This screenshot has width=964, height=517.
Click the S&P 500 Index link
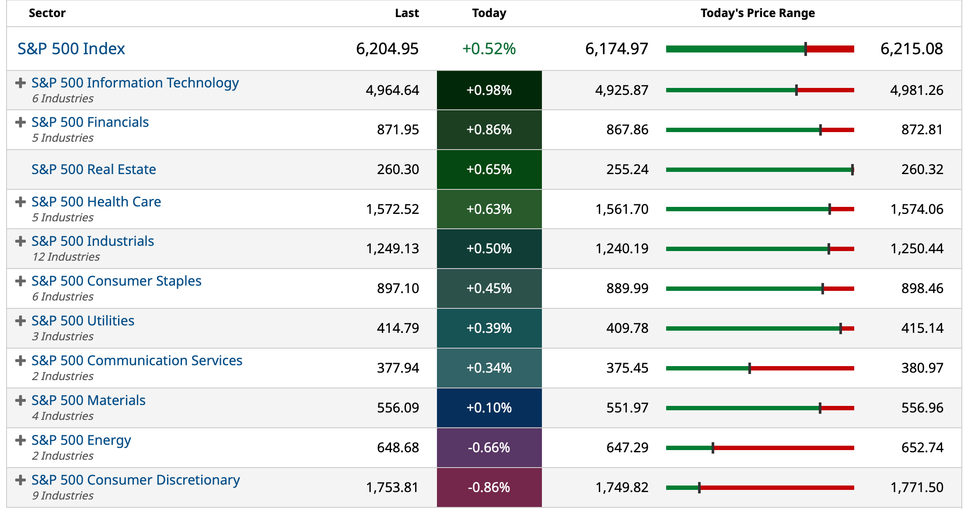71,49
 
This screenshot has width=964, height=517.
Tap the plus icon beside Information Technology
20,83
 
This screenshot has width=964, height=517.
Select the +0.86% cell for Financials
489,129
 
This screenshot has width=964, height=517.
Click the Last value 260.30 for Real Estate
398,169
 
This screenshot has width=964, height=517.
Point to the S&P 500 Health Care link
96,202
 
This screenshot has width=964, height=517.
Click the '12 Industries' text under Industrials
66,257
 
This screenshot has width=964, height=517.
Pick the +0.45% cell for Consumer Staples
489,288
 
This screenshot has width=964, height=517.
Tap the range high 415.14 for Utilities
922,328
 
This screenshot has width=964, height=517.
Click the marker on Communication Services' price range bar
750,368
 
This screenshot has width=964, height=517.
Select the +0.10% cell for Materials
489,408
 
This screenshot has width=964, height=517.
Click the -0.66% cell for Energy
489,447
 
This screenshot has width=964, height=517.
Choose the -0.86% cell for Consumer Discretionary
489,487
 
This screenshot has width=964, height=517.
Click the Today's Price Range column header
758,13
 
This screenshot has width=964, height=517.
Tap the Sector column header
47,13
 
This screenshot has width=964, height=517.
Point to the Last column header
406,13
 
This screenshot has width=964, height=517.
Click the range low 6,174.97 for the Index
616,49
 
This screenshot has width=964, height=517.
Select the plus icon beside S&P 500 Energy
20,440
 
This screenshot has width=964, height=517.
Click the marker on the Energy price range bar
713,448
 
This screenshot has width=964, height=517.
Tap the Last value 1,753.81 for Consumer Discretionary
392,487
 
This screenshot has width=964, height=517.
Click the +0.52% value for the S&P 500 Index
489,49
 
